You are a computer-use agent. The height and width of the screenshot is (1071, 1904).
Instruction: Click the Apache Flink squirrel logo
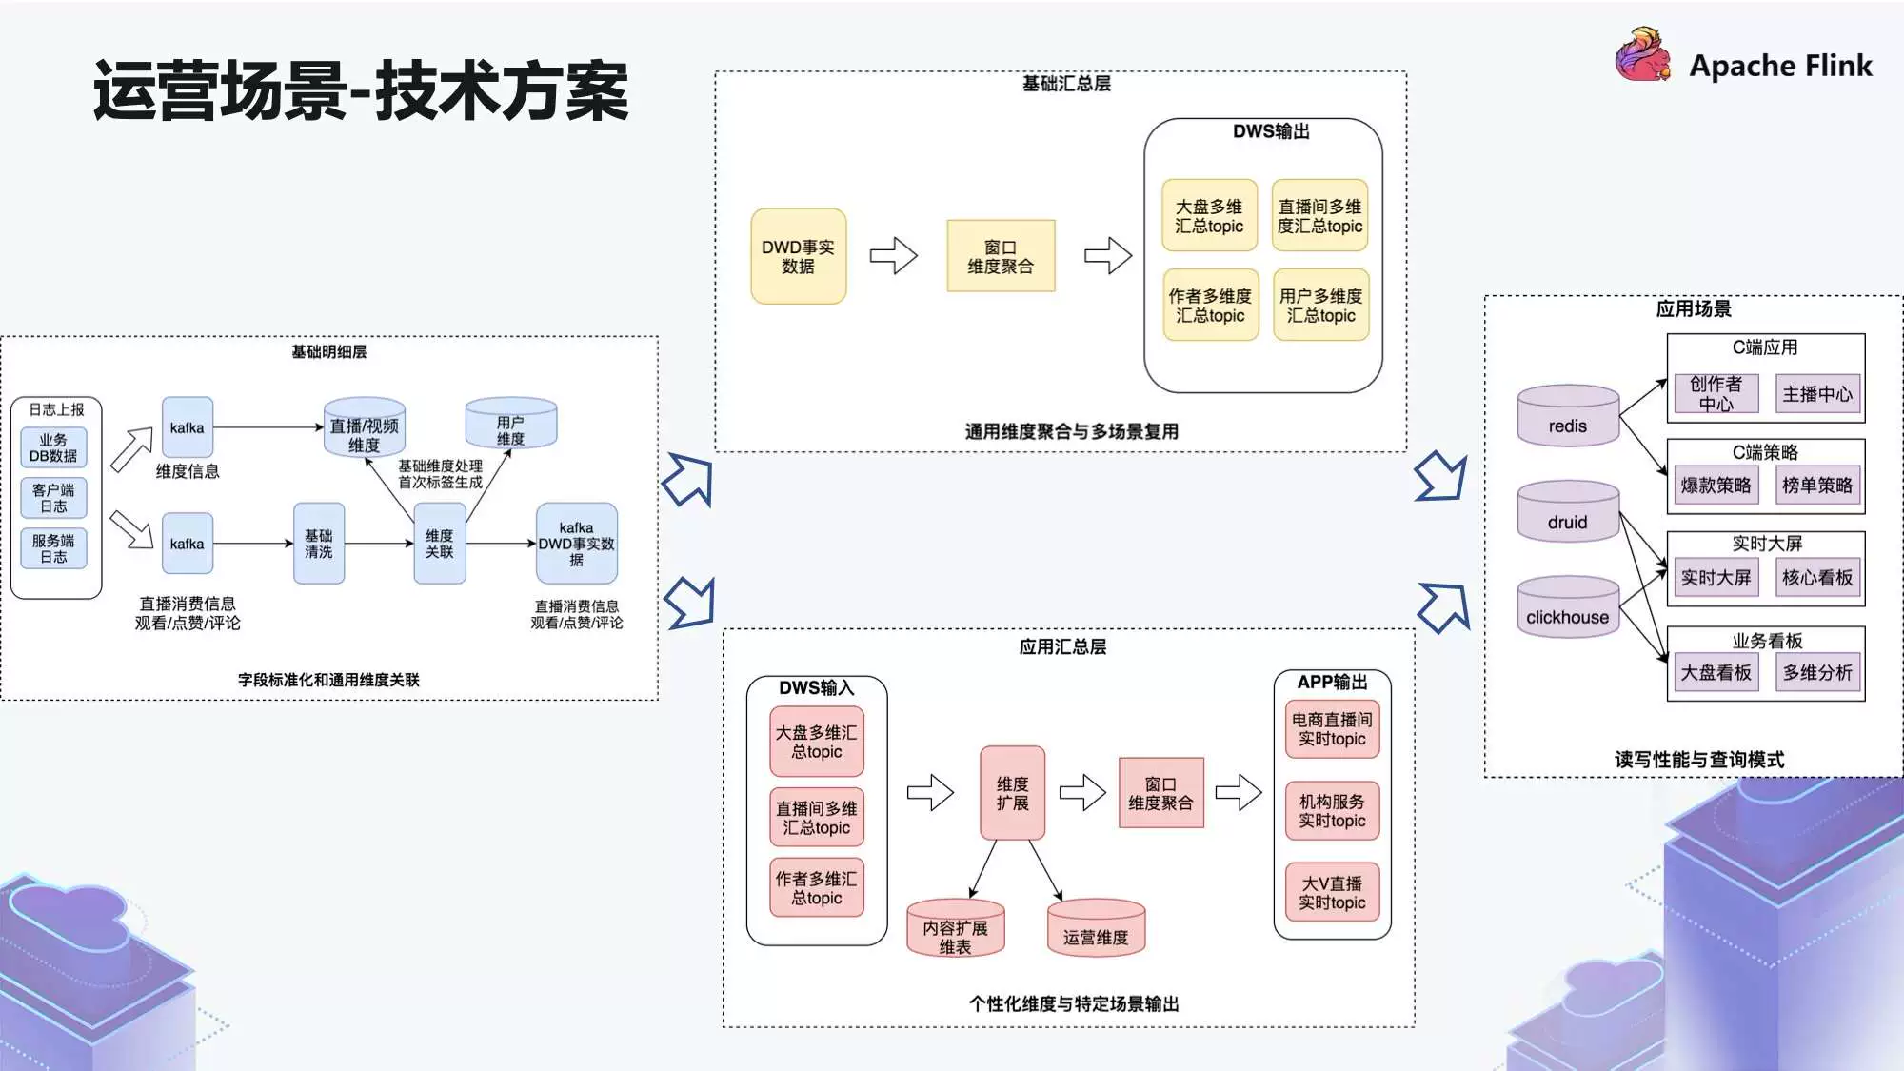tap(1644, 55)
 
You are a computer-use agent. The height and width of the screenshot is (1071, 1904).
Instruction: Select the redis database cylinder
tap(1567, 416)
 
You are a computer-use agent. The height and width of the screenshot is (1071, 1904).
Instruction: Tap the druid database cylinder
tap(1567, 512)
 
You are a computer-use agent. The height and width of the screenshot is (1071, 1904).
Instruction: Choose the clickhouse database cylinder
tap(1567, 607)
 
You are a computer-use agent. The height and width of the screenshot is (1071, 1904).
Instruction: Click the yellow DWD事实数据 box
tap(798, 256)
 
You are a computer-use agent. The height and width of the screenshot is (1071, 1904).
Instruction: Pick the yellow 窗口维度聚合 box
tap(1001, 256)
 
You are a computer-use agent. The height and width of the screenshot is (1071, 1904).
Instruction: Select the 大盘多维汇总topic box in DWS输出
tap(1209, 216)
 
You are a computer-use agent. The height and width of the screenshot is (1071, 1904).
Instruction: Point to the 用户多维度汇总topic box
tap(1320, 306)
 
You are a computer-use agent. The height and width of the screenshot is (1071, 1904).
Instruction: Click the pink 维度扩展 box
tap(1012, 793)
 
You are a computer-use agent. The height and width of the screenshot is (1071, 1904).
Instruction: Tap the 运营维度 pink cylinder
tap(1095, 928)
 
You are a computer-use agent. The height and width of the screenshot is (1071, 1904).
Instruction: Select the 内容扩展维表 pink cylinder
tap(955, 929)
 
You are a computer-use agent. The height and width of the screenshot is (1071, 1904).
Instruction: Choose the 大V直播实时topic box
tap(1332, 892)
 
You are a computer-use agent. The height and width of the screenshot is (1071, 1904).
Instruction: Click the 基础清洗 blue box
tap(319, 544)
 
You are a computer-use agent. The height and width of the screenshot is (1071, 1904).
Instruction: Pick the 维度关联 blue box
tap(439, 544)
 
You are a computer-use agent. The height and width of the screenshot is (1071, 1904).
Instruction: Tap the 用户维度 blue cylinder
tap(510, 424)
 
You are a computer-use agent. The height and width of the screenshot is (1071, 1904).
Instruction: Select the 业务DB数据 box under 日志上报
tap(53, 447)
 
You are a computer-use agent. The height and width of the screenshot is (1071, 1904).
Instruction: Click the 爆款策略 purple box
tap(1716, 486)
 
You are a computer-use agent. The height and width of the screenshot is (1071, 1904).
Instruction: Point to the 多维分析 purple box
tap(1817, 672)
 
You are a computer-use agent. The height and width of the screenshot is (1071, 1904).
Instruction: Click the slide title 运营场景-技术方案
tap(361, 91)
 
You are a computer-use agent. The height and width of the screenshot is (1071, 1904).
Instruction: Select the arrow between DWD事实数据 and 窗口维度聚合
tap(893, 256)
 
